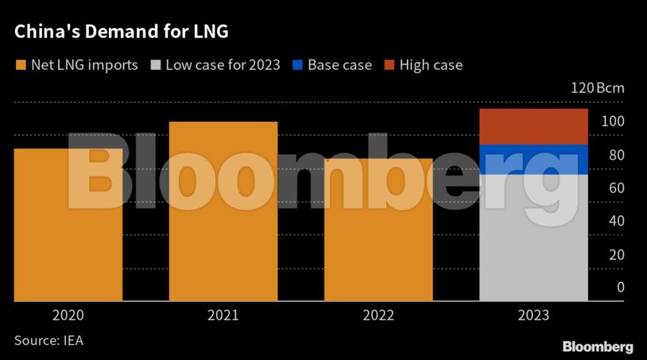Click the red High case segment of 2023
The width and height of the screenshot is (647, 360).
(x=533, y=126)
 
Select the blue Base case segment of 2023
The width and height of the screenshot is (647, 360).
(x=533, y=159)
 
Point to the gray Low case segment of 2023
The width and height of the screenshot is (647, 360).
(x=533, y=238)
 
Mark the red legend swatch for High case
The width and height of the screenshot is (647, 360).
(x=389, y=65)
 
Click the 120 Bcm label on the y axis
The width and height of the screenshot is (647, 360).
(x=598, y=88)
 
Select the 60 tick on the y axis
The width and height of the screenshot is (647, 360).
(x=616, y=188)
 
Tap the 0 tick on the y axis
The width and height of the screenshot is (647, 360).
(x=620, y=288)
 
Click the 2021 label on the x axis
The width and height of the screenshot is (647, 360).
(x=223, y=315)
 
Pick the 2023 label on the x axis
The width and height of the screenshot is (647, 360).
(x=533, y=315)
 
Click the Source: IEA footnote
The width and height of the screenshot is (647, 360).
(x=48, y=340)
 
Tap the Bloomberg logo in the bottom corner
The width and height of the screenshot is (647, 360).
(x=598, y=346)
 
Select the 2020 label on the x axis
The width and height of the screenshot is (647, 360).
(x=68, y=315)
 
